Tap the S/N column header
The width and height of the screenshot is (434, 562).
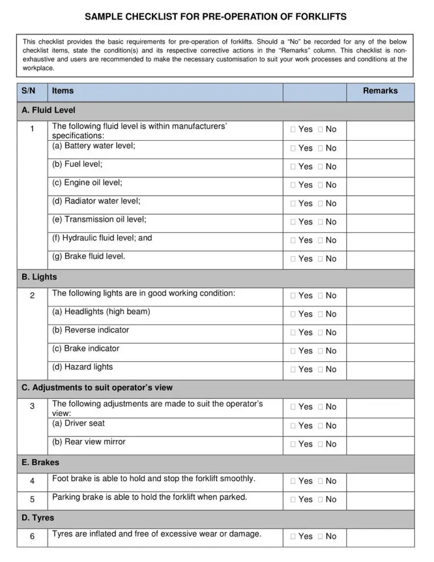point(28,91)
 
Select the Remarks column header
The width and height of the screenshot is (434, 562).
point(380,91)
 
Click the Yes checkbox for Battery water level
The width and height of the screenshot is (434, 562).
point(293,148)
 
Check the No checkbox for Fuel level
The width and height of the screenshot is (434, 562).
point(320,167)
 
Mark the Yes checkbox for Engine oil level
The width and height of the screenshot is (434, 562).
point(293,185)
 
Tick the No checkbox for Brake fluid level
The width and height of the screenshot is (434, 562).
point(320,259)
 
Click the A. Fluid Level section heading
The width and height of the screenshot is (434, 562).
point(48,110)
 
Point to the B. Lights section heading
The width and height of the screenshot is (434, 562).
point(39,278)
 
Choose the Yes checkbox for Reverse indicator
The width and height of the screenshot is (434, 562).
point(293,332)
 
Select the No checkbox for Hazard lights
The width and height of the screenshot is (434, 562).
point(320,369)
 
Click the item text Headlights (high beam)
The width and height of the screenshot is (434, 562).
point(101,312)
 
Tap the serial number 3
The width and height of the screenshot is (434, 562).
point(32,407)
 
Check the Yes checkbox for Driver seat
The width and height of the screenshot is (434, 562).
point(293,426)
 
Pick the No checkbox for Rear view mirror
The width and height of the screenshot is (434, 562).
point(320,444)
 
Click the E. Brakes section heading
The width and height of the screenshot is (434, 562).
point(40,462)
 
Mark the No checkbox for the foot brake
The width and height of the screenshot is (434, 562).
point(320,481)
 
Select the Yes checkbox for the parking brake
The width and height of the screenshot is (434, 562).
point(293,500)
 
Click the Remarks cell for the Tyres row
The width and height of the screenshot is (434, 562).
point(379,537)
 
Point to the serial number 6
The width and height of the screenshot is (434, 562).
point(32,537)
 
